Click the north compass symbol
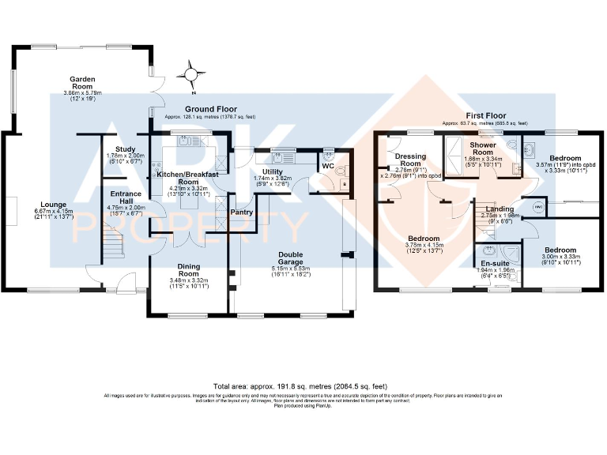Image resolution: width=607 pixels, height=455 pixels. pyautogui.click(x=190, y=76)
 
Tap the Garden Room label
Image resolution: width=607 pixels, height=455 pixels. pyautogui.click(x=83, y=84)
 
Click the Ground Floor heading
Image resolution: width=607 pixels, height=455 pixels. pyautogui.click(x=211, y=108)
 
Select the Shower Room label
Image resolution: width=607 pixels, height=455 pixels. pyautogui.click(x=482, y=149)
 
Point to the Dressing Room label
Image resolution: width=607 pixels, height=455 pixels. pyautogui.click(x=410, y=160)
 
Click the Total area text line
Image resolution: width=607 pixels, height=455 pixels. pyautogui.click(x=303, y=386)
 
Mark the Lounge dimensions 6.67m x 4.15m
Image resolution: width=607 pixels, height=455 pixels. pyautogui.click(x=53, y=212)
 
